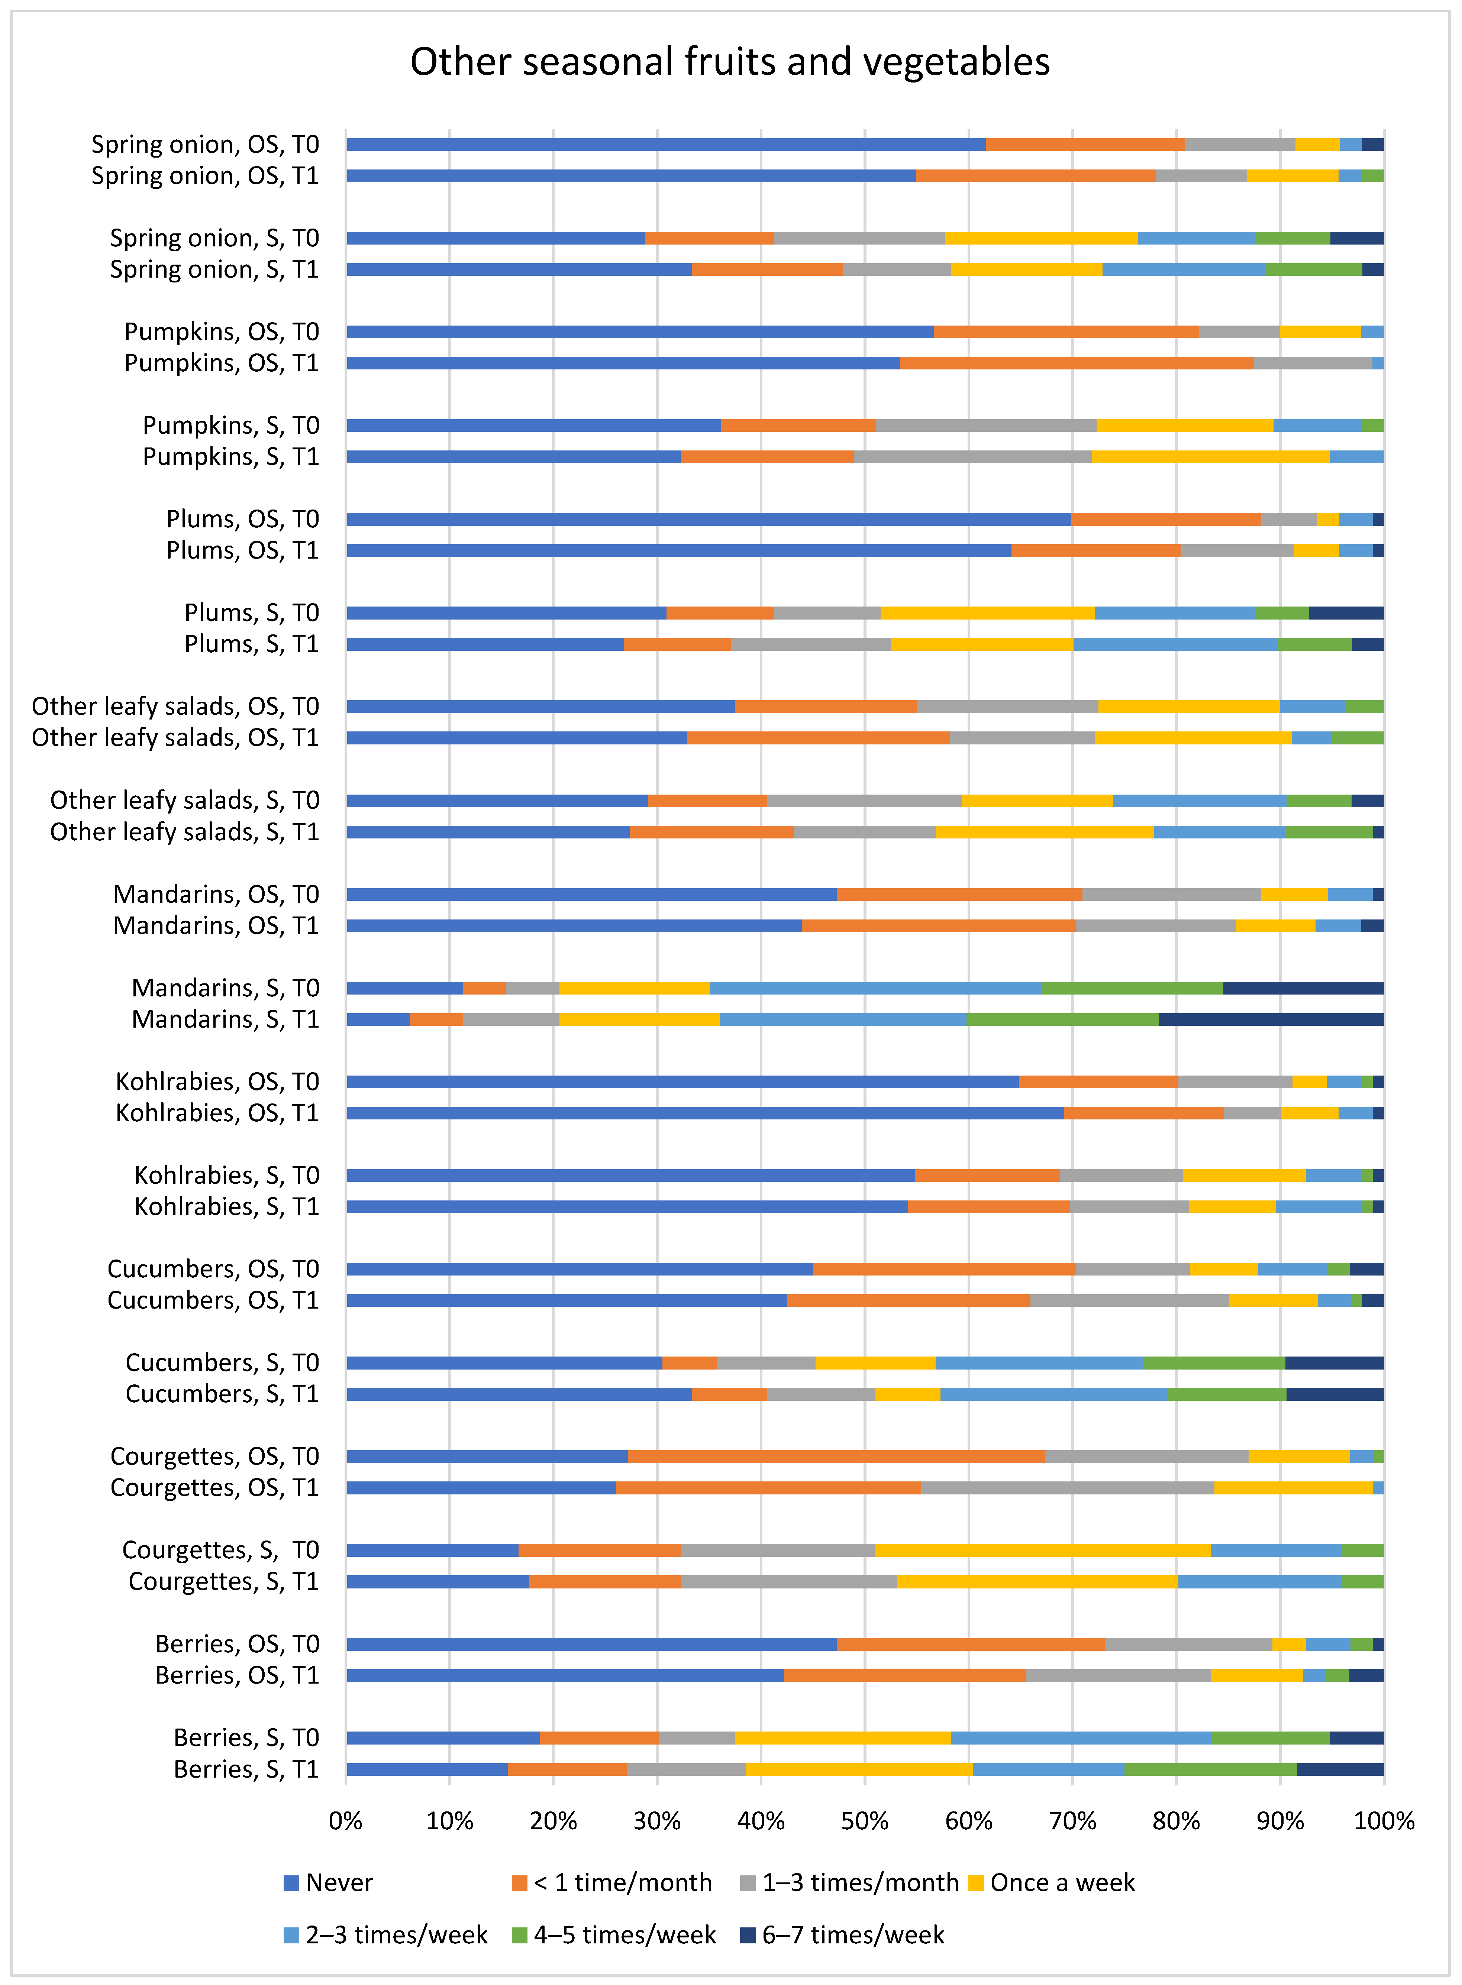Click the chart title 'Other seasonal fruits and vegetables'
pos(730,62)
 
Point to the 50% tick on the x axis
pos(865,1820)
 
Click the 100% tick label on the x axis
pos(1383,1820)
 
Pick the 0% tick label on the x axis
pos(346,1820)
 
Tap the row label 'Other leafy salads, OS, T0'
pos(175,706)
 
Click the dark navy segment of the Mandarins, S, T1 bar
pos(1271,1019)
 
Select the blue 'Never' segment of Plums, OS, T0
pos(708,519)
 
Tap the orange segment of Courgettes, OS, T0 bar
pos(836,1456)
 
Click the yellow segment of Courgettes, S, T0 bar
pos(1043,1550)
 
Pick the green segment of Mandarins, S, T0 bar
pos(1132,988)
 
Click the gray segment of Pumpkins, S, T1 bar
pos(972,456)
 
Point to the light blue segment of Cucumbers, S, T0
pos(1039,1362)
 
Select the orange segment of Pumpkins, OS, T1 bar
pos(1077,363)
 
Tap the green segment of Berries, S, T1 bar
pos(1211,1769)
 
